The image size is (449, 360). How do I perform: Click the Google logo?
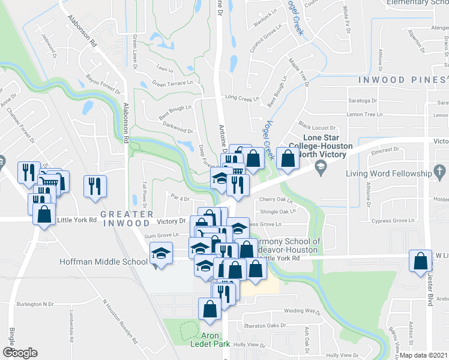click(20, 352)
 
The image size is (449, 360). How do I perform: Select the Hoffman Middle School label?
click(103, 262)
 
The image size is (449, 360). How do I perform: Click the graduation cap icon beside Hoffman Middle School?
click(161, 254)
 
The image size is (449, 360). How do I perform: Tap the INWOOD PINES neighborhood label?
click(401, 80)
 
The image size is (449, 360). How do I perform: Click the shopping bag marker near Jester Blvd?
click(420, 262)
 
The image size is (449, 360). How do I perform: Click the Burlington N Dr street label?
click(35, 304)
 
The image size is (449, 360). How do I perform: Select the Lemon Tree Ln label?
click(364, 114)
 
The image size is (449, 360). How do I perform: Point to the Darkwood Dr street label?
click(177, 127)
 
